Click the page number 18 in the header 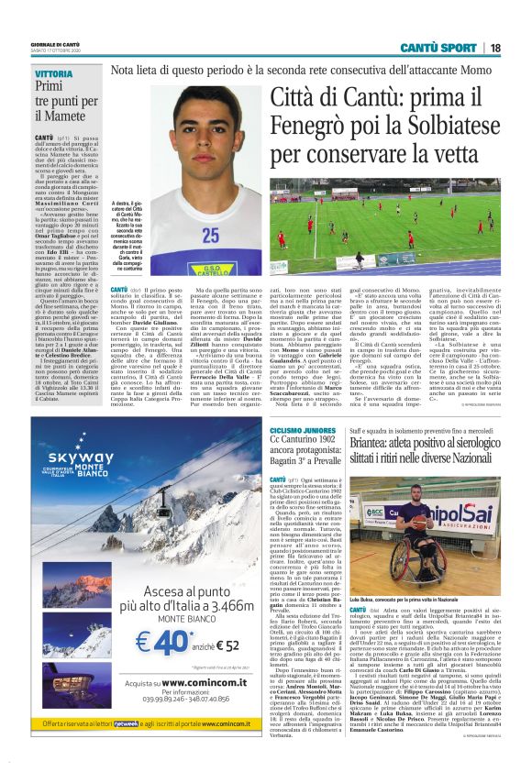[519, 47]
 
